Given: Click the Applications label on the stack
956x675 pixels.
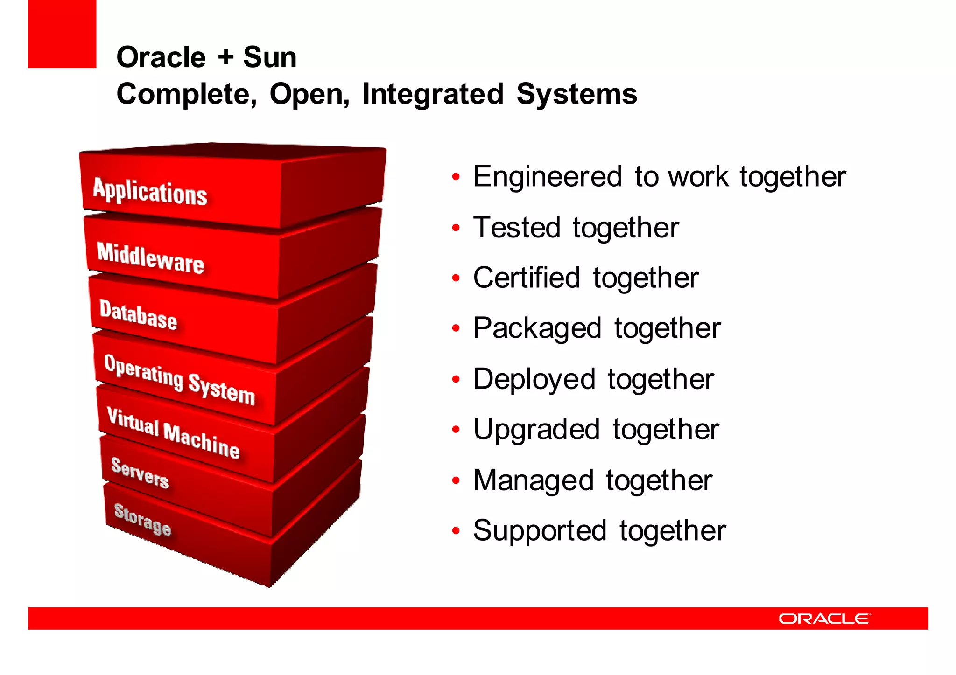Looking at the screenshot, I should pos(150,191).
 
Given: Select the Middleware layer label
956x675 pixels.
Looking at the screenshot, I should pos(150,258).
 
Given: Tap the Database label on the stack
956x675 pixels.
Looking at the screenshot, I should pos(138,315).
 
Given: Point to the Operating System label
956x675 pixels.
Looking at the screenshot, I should pos(179,379).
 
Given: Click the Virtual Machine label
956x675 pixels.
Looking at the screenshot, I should pos(173,433).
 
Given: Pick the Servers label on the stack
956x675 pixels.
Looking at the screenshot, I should pos(140,473).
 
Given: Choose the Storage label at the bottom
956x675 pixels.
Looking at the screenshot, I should pos(143,519).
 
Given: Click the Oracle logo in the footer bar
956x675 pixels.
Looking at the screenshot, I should pos(824,619).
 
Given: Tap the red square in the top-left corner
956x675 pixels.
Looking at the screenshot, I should pos(62,34).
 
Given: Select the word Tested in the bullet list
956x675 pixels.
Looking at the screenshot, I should pos(516,228).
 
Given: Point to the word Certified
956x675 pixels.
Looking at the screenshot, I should pos(526,278).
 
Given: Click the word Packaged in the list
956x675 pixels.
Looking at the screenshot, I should pos(537,328).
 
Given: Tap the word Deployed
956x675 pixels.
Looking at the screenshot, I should pos(534,379).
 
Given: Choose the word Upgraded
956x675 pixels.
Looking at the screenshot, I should pos(536,430).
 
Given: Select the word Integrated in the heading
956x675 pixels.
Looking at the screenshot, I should pos(433,94).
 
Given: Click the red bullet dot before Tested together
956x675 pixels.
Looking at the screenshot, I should pos(456,228).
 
